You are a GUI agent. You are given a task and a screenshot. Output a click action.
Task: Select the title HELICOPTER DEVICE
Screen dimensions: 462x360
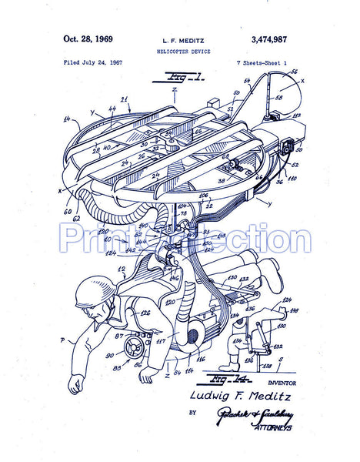click(x=182, y=49)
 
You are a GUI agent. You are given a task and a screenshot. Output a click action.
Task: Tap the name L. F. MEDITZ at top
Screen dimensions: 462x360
click(x=182, y=38)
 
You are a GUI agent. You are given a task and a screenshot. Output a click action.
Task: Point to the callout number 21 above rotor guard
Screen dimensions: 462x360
click(x=125, y=99)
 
